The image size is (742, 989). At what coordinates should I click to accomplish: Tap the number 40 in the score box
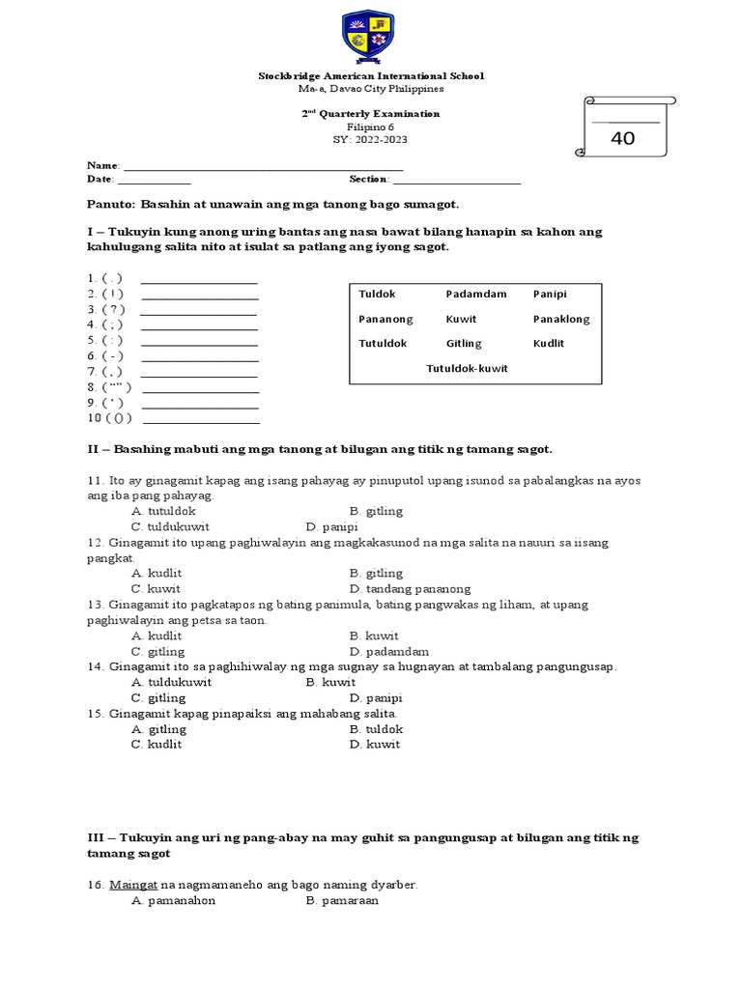623,138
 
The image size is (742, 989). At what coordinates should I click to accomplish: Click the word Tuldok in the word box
377,294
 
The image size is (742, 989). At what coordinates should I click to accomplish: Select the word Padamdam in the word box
475,294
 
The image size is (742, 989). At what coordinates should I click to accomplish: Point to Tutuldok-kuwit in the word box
467,368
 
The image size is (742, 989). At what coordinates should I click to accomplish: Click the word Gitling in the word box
464,343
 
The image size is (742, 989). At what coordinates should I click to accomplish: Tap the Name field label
103,166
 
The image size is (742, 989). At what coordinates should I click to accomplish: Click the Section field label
370,179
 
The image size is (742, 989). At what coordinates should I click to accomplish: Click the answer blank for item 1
199,281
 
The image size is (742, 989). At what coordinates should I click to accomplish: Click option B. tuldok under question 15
376,729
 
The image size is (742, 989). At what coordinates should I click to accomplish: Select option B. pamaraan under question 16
342,900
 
